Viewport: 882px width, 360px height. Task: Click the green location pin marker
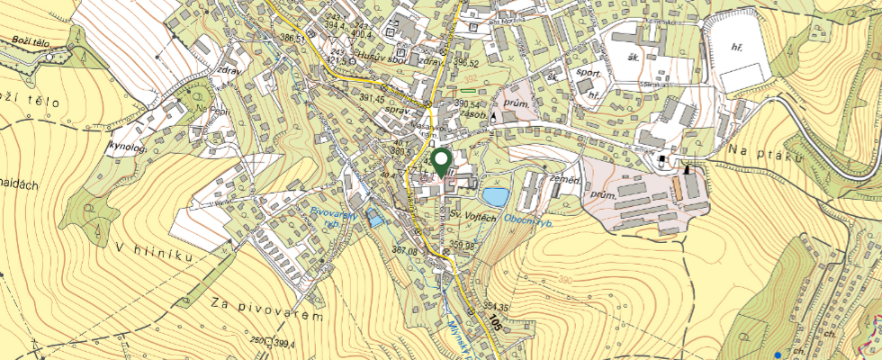click(441, 162)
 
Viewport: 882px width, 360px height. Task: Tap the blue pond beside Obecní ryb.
click(494, 195)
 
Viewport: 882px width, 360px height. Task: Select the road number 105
click(493, 322)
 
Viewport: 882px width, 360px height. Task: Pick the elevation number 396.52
click(465, 63)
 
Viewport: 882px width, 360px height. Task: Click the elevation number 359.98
click(463, 245)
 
